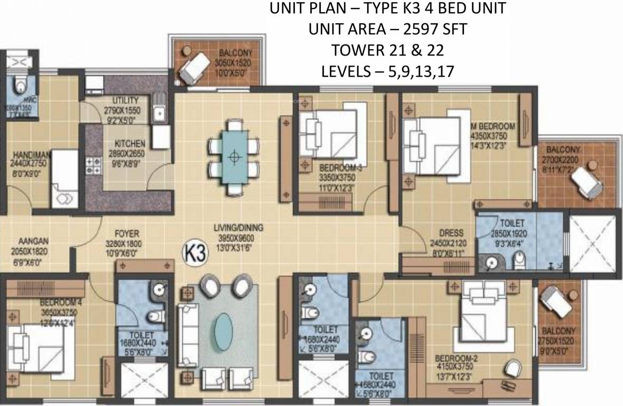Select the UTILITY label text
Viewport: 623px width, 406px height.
click(x=126, y=100)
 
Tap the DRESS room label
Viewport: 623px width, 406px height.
click(x=450, y=233)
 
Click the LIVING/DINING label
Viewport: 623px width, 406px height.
click(x=238, y=228)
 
